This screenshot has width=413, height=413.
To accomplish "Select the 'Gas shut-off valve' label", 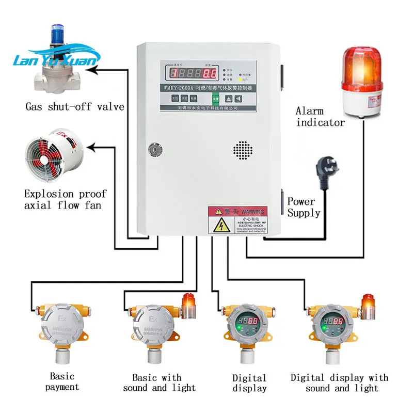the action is tap(75, 107).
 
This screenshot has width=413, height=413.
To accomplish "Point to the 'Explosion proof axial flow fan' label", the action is tap(65, 200).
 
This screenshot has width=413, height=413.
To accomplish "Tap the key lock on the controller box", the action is tap(153, 150).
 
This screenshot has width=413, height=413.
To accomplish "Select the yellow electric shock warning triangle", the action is tap(222, 225).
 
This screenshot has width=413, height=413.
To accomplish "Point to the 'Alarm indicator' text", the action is tap(320, 117).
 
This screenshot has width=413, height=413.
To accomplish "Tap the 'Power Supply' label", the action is tap(304, 207).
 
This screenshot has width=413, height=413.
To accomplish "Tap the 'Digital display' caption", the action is tap(249, 383).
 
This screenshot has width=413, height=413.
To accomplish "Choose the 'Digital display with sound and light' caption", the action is tap(339, 383).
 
